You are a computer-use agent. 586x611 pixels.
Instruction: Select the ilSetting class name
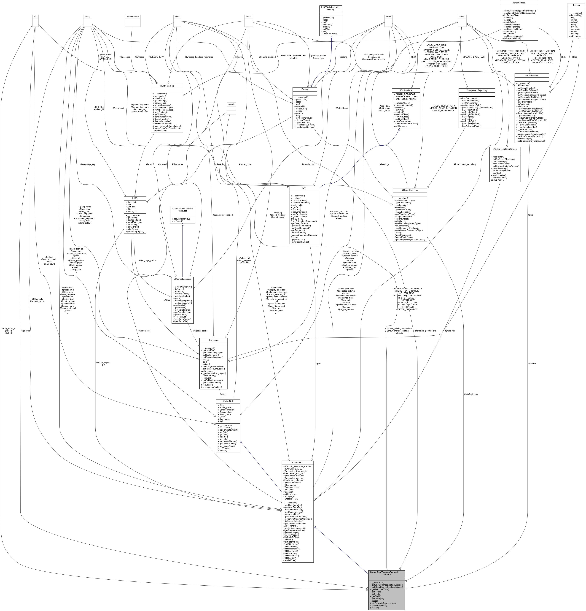(304, 89)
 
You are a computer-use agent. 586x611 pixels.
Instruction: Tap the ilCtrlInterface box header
(406, 90)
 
